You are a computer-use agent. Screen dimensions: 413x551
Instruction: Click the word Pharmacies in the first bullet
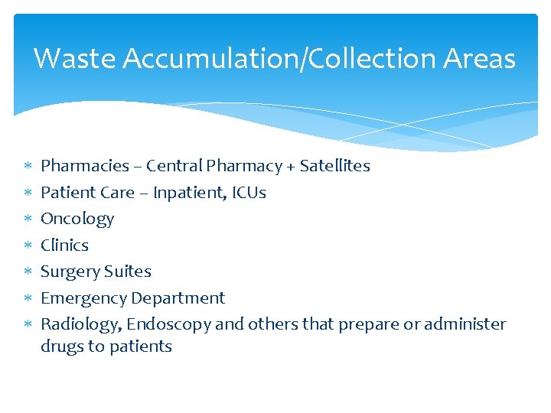click(85, 166)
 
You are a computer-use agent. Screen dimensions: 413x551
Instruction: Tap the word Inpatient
click(189, 193)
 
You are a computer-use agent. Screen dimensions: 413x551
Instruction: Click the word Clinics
click(64, 246)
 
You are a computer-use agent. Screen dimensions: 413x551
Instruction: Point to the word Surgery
click(70, 272)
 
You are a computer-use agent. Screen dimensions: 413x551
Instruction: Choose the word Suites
click(128, 272)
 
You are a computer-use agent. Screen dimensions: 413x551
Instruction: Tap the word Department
click(178, 298)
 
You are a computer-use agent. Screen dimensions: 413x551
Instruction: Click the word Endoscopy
click(168, 325)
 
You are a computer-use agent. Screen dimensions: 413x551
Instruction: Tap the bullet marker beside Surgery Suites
click(28, 272)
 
